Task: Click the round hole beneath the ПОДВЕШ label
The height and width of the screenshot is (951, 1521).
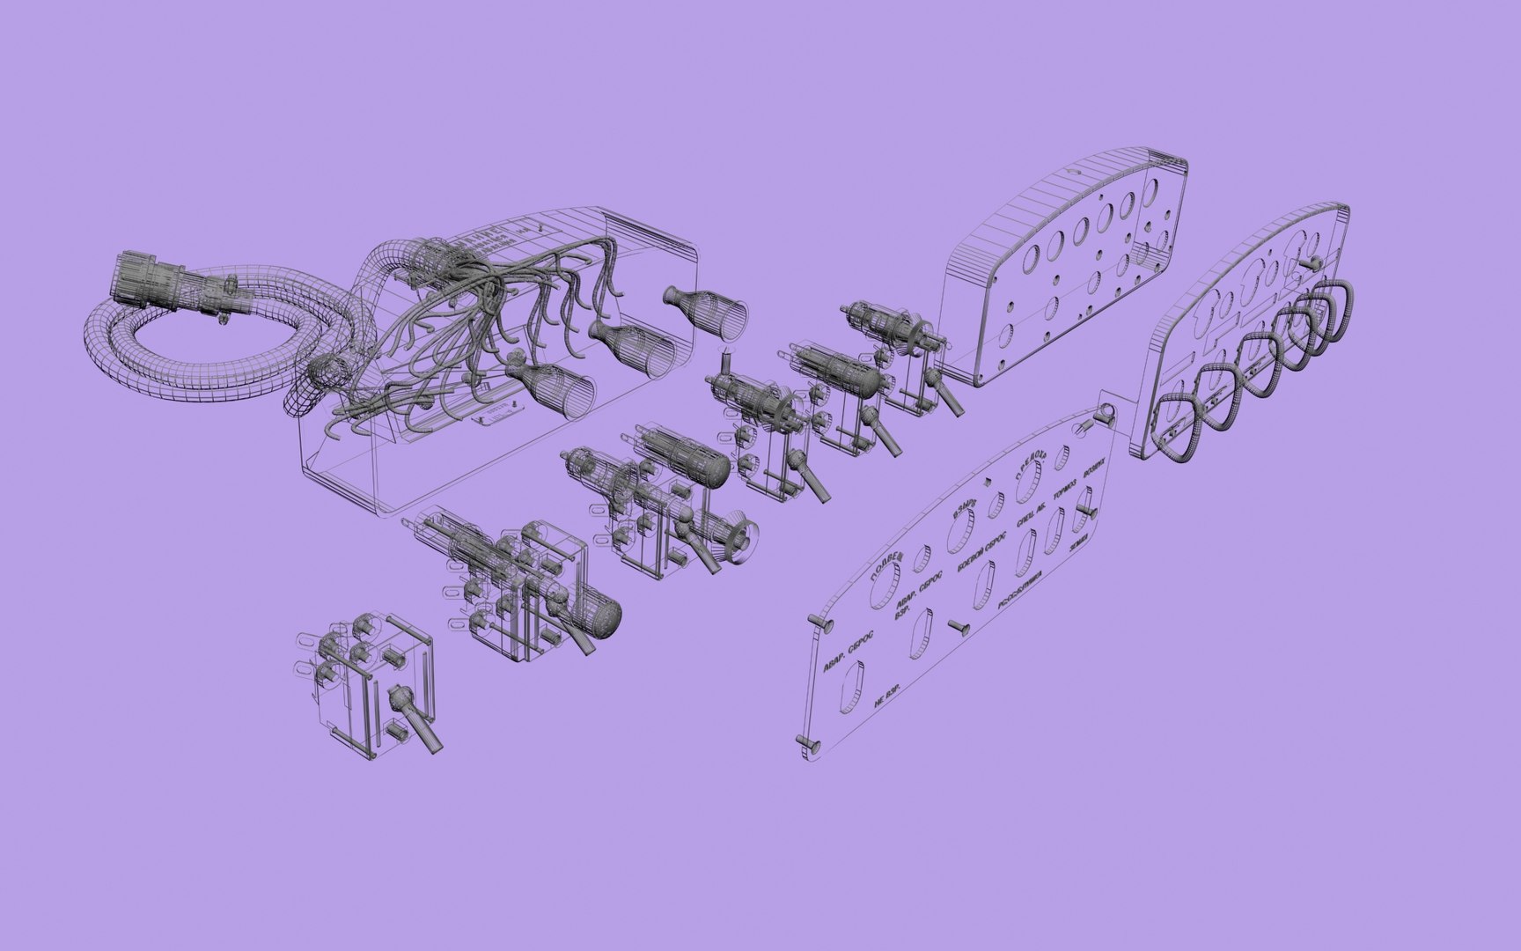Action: tap(884, 587)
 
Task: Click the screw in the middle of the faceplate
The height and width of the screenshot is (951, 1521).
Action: tap(959, 626)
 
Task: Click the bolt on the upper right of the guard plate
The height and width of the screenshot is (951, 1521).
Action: tap(1308, 262)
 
